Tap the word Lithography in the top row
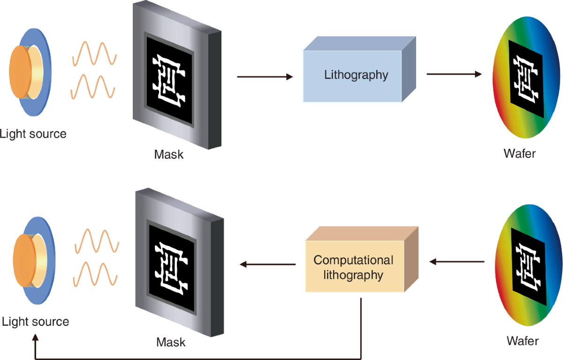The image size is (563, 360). tap(356, 75)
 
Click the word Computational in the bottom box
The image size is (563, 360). tap(353, 260)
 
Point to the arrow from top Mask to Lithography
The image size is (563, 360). tap(265, 76)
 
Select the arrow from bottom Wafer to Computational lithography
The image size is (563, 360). tap(457, 262)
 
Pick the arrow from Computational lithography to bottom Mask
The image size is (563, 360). tap(267, 264)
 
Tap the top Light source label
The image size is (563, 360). tap(33, 134)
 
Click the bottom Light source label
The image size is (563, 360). tap(35, 322)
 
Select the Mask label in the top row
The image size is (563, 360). tap(169, 154)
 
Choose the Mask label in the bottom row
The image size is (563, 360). tap(171, 342)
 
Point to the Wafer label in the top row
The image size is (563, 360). tap(519, 153)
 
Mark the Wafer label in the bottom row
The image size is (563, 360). tap(523, 340)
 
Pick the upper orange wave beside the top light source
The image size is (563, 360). tap(94, 53)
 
